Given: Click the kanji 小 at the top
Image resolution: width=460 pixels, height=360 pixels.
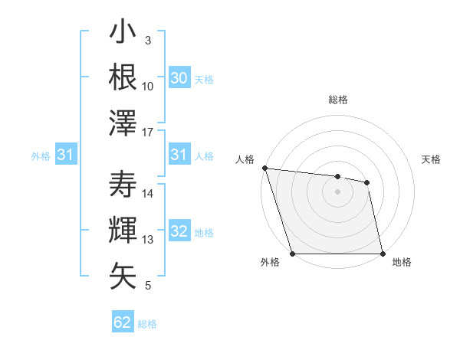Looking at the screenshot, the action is coord(123,34).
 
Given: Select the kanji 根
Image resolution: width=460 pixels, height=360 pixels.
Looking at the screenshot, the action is coord(123,77).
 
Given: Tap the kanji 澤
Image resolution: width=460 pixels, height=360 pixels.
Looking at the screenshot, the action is coord(123,123).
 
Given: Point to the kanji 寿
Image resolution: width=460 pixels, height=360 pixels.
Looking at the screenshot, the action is coord(123,185).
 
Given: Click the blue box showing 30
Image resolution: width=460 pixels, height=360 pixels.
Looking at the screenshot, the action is coord(179,78).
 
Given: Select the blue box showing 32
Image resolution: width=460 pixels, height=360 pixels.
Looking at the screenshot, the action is coord(179,232).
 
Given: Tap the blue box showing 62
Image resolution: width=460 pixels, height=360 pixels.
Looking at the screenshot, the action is coord(123,322).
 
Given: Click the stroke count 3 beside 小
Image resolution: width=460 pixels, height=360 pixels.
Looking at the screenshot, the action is coord(147,41).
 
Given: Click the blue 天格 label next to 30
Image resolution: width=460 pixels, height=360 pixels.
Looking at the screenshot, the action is coord(204,79).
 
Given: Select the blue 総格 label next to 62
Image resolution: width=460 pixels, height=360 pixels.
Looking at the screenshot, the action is coord(147,324).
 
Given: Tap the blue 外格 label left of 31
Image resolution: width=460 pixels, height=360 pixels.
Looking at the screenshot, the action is coord(41,156).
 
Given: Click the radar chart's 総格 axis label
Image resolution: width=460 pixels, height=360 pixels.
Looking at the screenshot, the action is coord(337,100).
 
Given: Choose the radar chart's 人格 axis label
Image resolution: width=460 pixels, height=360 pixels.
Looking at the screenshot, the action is coord(245,159).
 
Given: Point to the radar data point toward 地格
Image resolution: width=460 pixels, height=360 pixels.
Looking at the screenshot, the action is coord(382,254).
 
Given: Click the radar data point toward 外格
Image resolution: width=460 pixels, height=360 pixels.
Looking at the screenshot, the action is coord(292,254).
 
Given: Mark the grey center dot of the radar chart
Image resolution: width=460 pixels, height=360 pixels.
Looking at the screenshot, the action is coord(337,191).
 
